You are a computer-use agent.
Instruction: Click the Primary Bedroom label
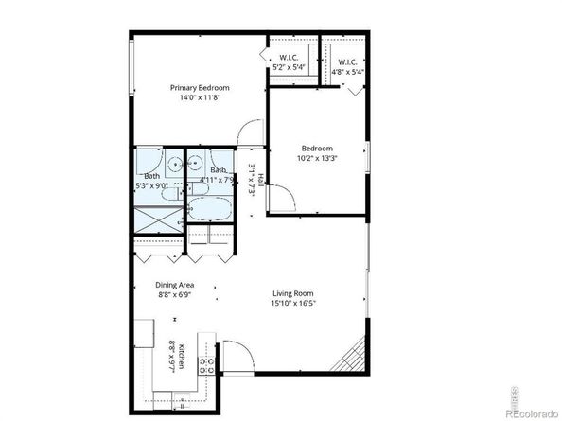click(x=200, y=87)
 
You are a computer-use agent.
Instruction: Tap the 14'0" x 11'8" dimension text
click(x=200, y=97)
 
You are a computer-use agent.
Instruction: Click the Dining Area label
click(x=174, y=284)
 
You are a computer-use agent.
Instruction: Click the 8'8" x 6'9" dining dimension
click(x=174, y=294)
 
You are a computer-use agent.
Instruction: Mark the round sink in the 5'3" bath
click(x=174, y=163)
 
